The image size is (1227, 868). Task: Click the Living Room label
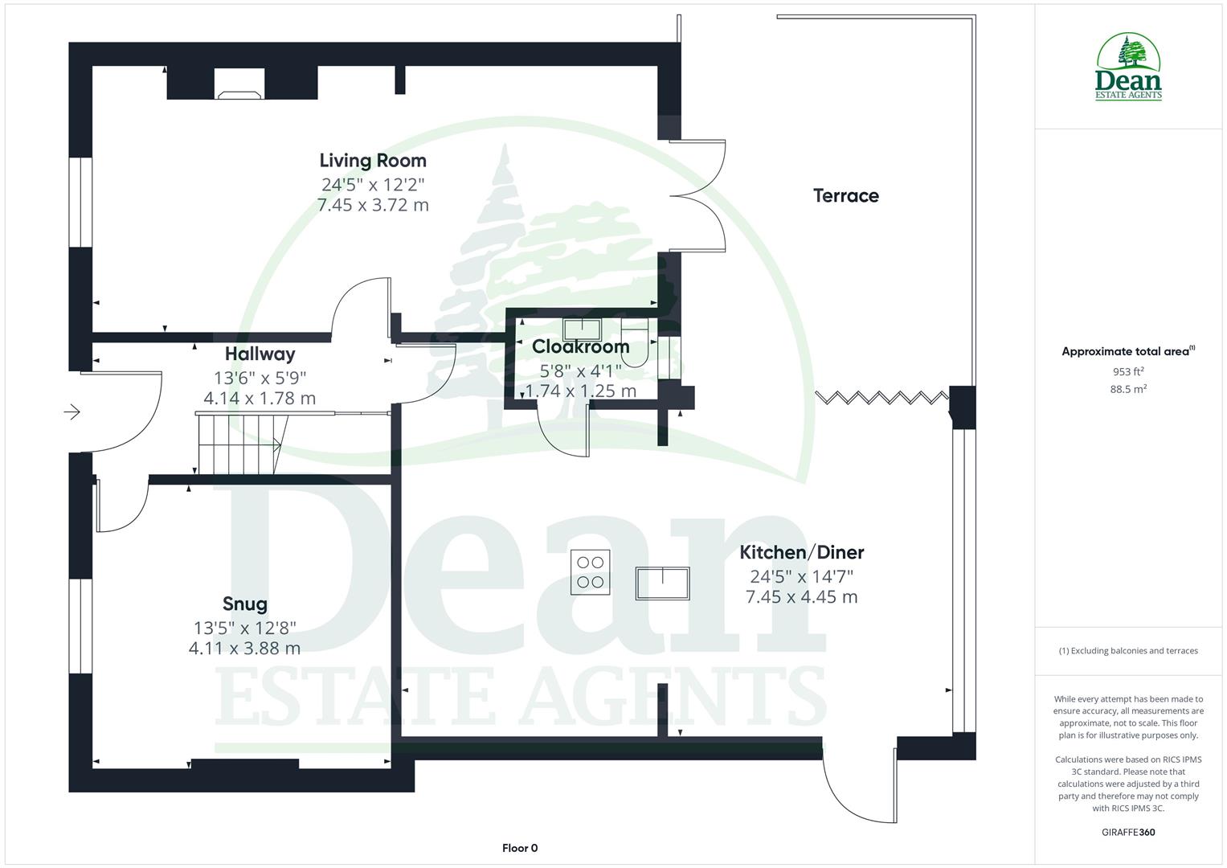pyautogui.click(x=373, y=161)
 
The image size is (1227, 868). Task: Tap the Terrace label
pyautogui.click(x=845, y=195)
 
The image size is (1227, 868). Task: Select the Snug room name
pyautogui.click(x=244, y=604)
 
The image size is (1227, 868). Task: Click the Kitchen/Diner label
pyautogui.click(x=801, y=552)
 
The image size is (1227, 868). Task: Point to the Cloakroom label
pyautogui.click(x=580, y=347)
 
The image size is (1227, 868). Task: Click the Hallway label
pyautogui.click(x=260, y=354)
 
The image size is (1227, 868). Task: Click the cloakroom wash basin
pyautogui.click(x=582, y=329)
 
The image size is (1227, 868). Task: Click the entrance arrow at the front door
pyautogui.click(x=72, y=412)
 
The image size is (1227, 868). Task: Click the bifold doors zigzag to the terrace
pyautogui.click(x=881, y=397)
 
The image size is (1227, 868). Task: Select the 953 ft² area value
pyautogui.click(x=1128, y=371)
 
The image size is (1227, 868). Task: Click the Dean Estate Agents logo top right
pyautogui.click(x=1128, y=68)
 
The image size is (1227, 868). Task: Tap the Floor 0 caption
pyautogui.click(x=520, y=848)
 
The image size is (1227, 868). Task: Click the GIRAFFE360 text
pyautogui.click(x=1128, y=832)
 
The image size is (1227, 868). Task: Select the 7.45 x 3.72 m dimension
pyautogui.click(x=373, y=205)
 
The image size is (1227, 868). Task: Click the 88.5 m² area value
pyautogui.click(x=1128, y=389)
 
